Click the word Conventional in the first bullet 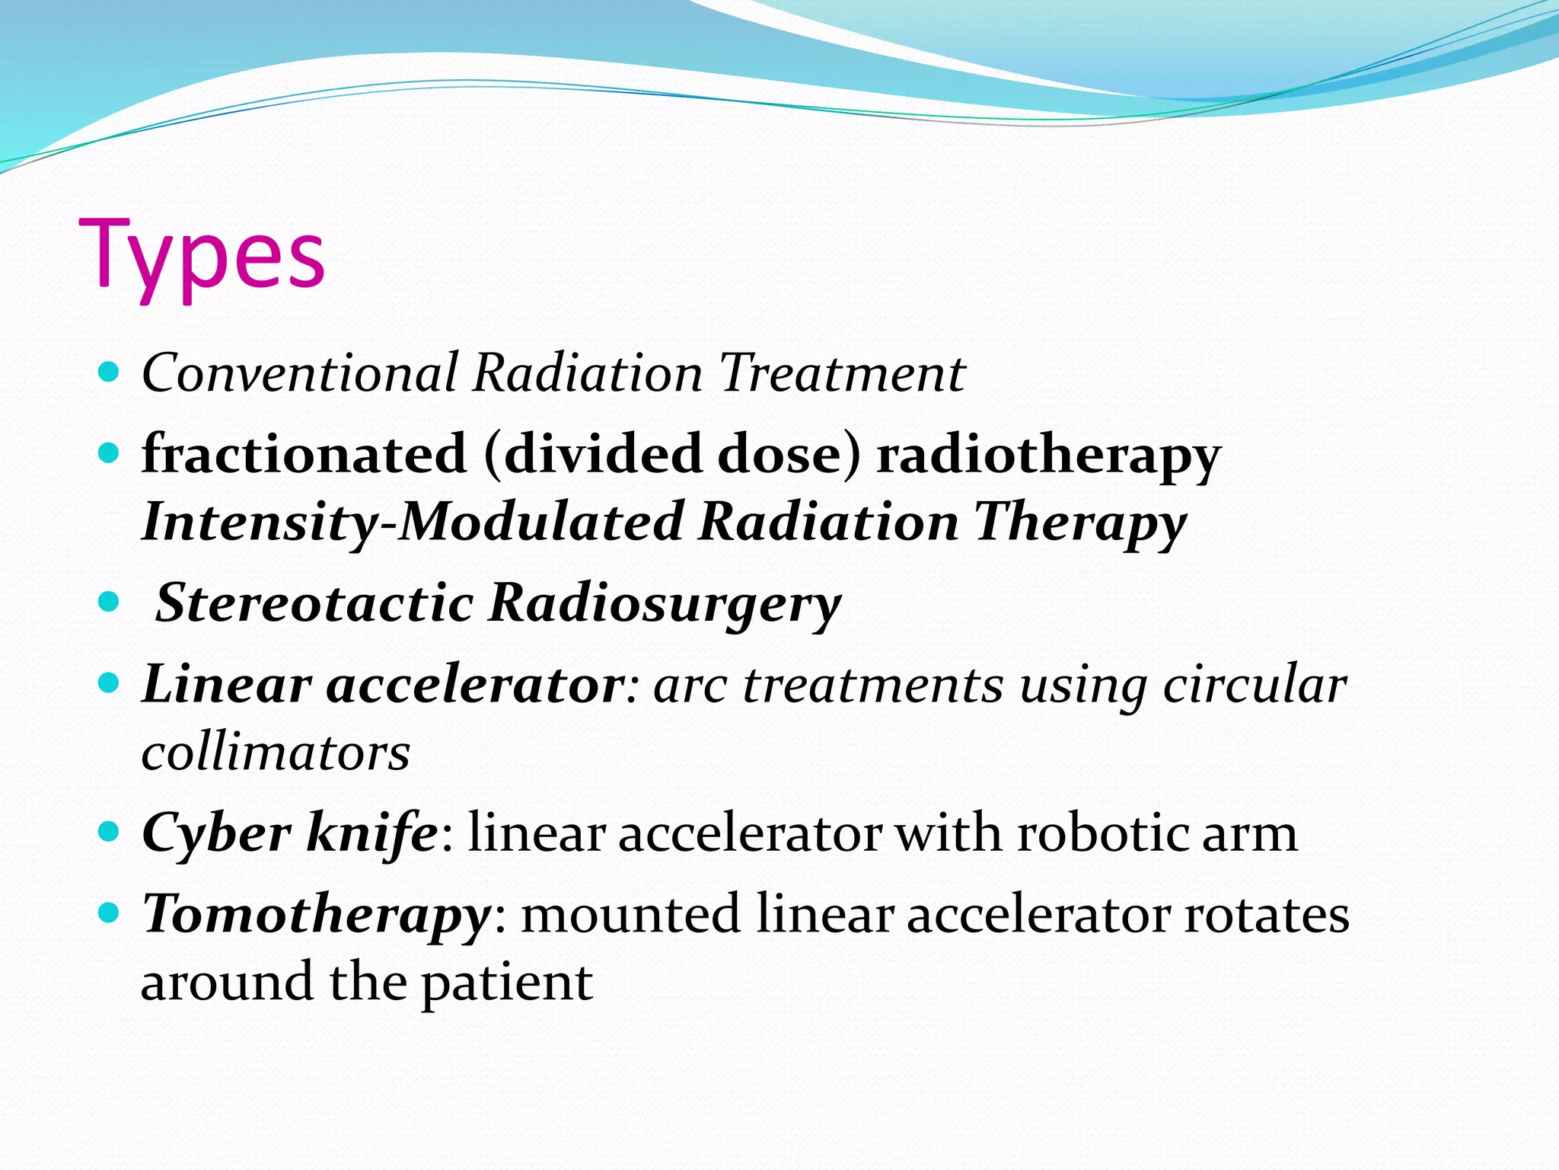pos(300,373)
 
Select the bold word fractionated pos(304,454)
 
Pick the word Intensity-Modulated pos(412,523)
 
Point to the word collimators pos(276,753)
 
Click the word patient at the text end pos(507,983)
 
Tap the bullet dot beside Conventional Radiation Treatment pos(110,372)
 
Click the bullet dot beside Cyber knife pos(110,832)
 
